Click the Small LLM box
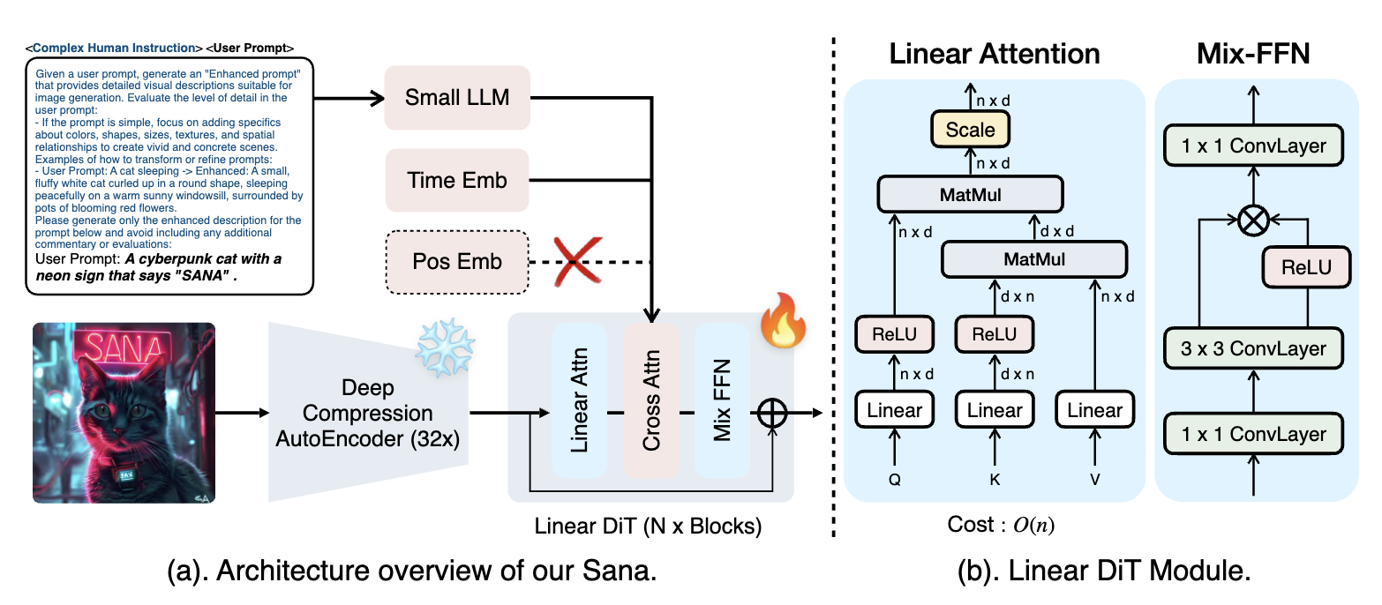point(456,97)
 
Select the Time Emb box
point(456,181)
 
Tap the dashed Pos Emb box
point(456,261)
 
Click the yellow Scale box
point(970,130)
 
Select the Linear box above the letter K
point(995,409)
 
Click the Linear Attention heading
point(994,54)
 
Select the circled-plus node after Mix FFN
point(772,413)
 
